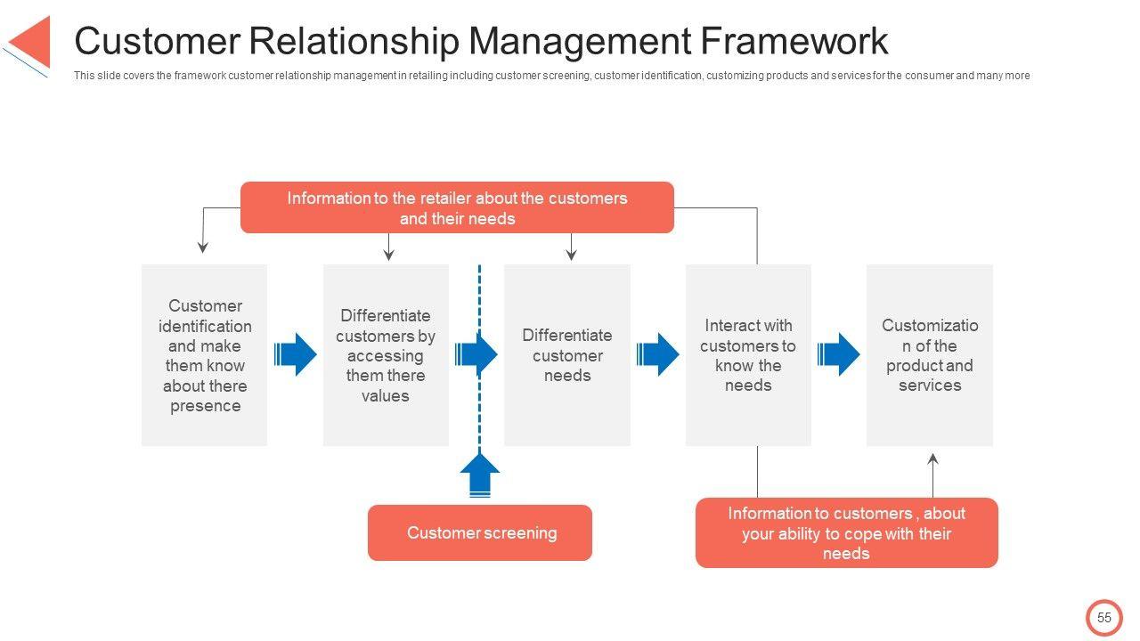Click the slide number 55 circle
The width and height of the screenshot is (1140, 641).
tap(1104, 618)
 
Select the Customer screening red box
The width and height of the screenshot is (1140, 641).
tap(480, 532)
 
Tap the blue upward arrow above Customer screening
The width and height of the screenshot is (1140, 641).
tap(480, 475)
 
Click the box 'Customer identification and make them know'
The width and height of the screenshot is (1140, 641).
tap(205, 355)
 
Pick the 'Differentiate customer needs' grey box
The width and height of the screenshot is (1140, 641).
tap(567, 355)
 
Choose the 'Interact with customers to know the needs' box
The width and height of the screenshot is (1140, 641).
tap(748, 355)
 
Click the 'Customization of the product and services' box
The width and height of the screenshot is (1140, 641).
tap(929, 355)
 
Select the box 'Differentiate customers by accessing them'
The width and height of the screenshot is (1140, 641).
tap(386, 355)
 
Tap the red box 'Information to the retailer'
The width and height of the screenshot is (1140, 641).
tap(457, 207)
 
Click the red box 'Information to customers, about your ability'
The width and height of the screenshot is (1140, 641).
tap(846, 532)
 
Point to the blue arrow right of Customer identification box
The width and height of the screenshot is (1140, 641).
tap(295, 355)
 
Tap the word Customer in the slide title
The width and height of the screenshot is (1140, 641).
tap(155, 41)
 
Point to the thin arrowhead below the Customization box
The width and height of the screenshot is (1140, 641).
tap(933, 459)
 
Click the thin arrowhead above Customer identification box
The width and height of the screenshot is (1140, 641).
tap(203, 247)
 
